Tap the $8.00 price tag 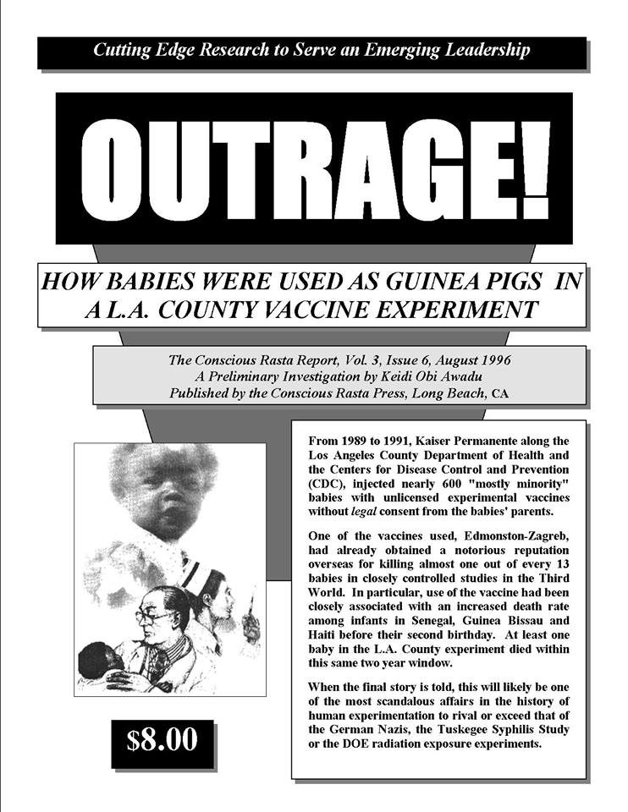click(162, 740)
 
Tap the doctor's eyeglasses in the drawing click(151, 617)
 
